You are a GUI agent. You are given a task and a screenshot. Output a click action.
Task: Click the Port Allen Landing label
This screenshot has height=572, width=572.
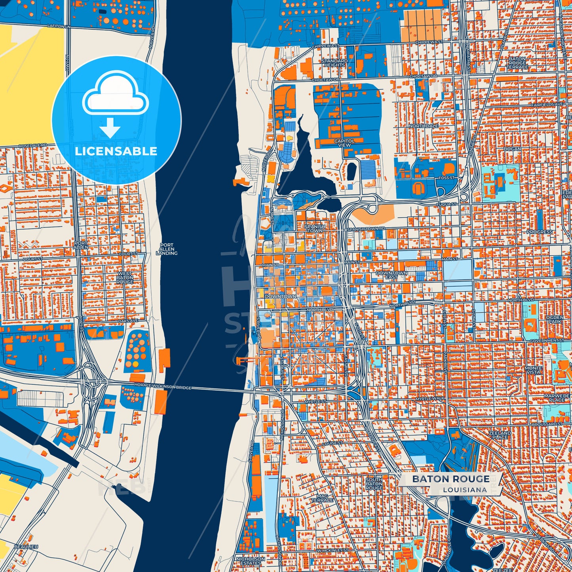tap(167, 249)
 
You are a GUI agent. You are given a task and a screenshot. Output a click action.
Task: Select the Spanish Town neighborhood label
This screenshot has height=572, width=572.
tap(315, 228)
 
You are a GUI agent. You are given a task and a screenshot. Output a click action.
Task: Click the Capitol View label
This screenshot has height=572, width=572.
tap(344, 143)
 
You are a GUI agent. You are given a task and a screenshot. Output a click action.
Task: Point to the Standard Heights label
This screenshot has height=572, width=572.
tap(334, 63)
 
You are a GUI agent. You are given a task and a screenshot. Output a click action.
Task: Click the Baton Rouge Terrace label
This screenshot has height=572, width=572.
tap(517, 63)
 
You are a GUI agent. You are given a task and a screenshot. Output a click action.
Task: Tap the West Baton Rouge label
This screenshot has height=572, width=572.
tap(125, 277)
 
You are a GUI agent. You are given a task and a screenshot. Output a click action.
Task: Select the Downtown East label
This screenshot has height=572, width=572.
tap(391, 275)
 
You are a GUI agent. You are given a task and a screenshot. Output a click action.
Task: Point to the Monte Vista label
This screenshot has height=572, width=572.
tap(533, 370)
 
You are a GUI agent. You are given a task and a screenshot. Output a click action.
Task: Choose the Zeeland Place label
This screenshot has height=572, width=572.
tap(500, 435)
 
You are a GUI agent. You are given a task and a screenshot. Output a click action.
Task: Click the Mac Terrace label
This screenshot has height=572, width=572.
tap(322, 498)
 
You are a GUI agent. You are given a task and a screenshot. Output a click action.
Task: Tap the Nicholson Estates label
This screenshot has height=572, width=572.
tap(251, 561)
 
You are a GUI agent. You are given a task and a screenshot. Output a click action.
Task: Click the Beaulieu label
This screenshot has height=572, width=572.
tap(26, 547)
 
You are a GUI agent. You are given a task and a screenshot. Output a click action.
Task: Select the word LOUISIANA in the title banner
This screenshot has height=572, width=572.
tap(465, 490)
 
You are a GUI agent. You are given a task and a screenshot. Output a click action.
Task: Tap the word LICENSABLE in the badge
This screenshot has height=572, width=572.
tap(116, 151)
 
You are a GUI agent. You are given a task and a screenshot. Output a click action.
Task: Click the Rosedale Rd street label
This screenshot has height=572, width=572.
tap(33, 146)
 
